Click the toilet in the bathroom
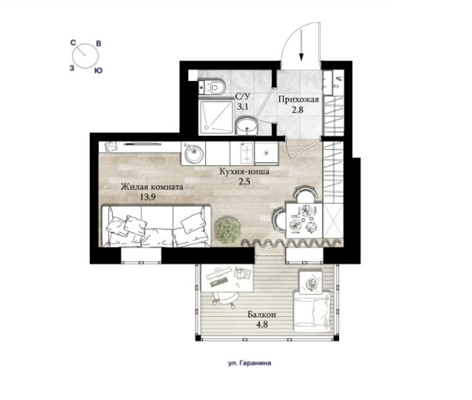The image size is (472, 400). click(x=212, y=87)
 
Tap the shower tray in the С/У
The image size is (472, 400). click(x=217, y=117)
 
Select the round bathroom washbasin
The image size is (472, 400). click(x=247, y=127)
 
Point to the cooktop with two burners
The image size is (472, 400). click(x=242, y=153)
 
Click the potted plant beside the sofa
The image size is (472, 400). click(x=228, y=230)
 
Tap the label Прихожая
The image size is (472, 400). click(x=299, y=99)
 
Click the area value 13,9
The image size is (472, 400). click(x=147, y=198)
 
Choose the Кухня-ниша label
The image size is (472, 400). click(x=244, y=172)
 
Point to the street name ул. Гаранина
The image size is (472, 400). click(x=250, y=363)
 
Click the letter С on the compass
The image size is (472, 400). click(x=73, y=43)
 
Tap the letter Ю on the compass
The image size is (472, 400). click(x=98, y=71)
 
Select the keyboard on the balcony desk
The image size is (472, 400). click(x=219, y=283)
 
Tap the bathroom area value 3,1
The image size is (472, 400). click(x=242, y=107)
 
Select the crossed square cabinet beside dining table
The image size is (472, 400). click(x=333, y=221)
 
